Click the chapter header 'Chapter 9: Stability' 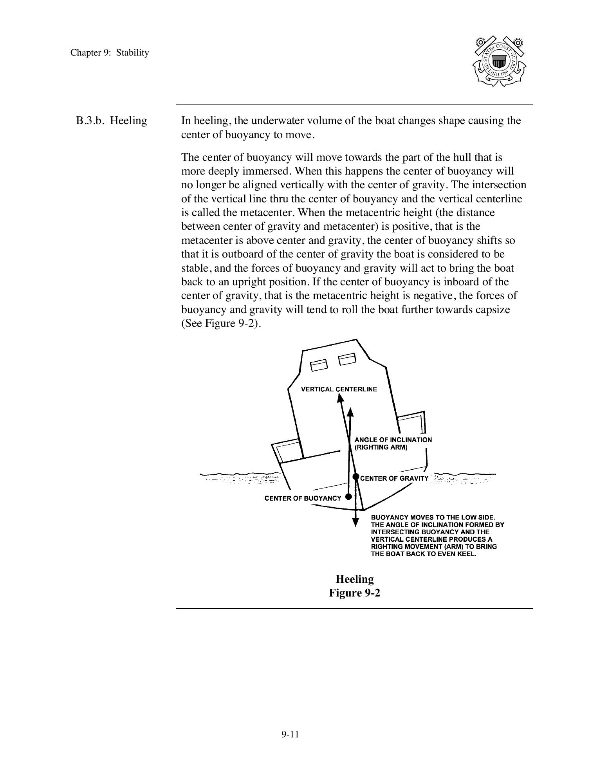coord(110,53)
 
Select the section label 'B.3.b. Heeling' coord(112,121)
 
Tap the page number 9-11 coord(290,734)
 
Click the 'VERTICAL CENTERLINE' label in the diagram coord(339,389)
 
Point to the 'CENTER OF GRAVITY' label coord(394,478)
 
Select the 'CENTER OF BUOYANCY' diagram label coord(303,498)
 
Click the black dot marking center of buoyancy coord(348,497)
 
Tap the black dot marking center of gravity coord(355,477)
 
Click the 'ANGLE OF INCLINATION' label coord(393,440)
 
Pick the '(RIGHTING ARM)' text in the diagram coord(381,447)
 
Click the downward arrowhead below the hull coord(355,522)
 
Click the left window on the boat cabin coord(318,365)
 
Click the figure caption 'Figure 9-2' coord(354,593)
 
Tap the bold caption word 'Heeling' coord(354,579)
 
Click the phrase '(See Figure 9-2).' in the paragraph coord(221,324)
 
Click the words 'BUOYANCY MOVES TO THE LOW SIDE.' coord(433,517)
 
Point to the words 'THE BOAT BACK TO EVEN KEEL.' coord(424,554)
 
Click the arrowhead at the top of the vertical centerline coord(340,398)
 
